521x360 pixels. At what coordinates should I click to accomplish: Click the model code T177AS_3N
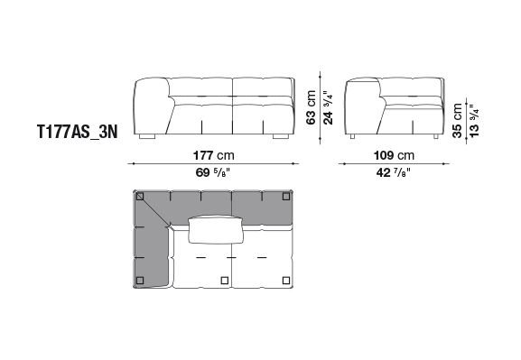coord(77,132)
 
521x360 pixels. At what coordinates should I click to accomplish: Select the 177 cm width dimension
coord(214,155)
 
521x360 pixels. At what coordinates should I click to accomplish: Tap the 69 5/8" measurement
coord(213,172)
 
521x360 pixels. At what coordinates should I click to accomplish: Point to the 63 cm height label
coord(311,107)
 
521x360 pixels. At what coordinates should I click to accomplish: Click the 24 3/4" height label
coord(328,107)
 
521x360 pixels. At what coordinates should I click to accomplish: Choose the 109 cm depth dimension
coord(394,155)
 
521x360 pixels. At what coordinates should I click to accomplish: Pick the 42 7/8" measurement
coord(394,172)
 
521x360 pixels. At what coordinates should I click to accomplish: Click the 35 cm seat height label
coord(457,121)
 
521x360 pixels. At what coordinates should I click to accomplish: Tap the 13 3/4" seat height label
coord(474,121)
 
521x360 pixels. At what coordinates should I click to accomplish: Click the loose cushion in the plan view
coord(216,230)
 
